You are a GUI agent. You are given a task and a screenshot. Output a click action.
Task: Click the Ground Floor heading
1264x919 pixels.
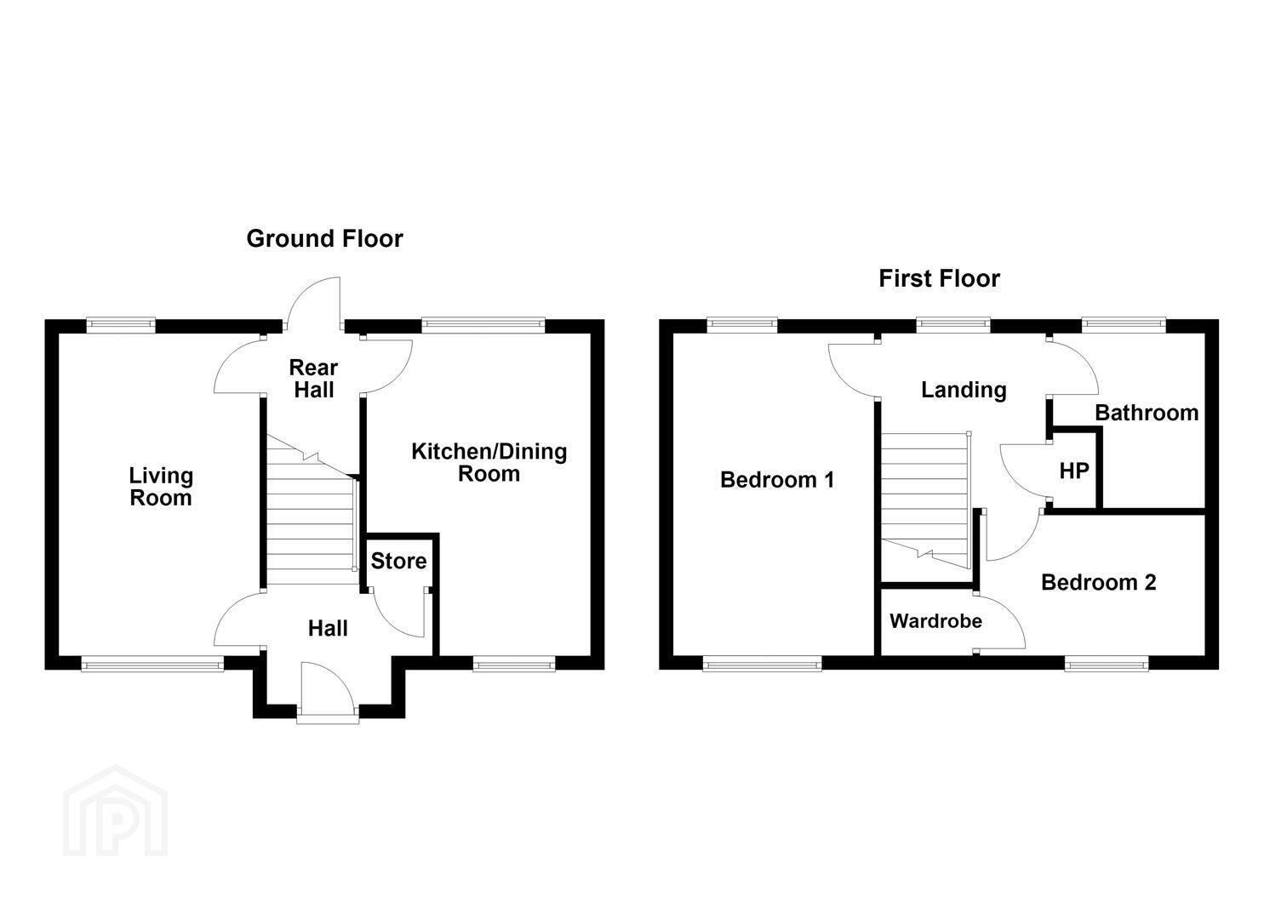pos(324,238)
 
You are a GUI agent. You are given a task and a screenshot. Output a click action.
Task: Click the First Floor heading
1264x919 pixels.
pos(939,279)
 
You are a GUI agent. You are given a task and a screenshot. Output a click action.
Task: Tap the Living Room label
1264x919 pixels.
pos(161,487)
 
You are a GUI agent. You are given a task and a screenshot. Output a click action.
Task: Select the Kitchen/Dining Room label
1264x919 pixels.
pos(489,463)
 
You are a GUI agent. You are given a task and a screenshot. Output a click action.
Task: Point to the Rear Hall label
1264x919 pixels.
pos(313,379)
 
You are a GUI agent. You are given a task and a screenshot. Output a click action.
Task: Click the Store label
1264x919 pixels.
pos(398,562)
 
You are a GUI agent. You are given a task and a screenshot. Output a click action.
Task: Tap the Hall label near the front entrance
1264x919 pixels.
pos(328,629)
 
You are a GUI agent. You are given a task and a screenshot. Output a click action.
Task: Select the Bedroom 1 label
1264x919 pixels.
pos(777,480)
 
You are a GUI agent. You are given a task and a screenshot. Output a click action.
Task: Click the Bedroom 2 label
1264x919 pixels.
pos(1099,582)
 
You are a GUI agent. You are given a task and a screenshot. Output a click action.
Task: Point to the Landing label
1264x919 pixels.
pos(964,391)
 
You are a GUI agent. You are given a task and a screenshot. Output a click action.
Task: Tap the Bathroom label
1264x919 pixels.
pos(1147,413)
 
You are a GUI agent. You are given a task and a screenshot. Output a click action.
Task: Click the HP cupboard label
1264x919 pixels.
pos(1074,471)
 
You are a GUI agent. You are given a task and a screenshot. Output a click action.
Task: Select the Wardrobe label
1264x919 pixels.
pos(935,621)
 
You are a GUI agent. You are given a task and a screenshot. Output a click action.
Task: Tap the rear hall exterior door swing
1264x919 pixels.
pos(313,302)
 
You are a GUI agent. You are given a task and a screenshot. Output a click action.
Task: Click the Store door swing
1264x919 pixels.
pos(398,613)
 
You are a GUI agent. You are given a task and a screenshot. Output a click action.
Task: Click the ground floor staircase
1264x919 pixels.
pos(311,510)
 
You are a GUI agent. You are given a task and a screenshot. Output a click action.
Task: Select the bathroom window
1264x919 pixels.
pos(1124,324)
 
